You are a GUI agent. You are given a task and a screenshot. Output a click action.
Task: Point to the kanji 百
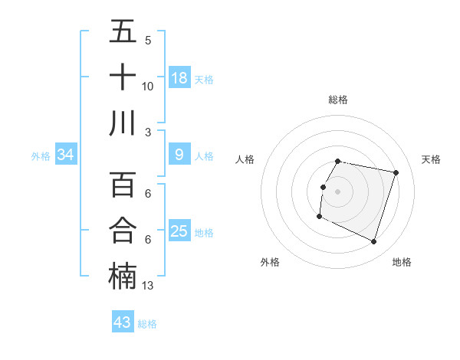(x=123, y=185)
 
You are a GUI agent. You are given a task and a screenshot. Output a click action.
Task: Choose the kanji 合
(x=123, y=230)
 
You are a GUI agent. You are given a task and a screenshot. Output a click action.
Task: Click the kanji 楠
(x=123, y=276)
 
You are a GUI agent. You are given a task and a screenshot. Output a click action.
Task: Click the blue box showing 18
(x=179, y=77)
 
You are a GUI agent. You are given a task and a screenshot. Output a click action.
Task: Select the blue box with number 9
(x=179, y=155)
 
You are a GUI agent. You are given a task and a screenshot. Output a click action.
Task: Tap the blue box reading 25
(x=179, y=231)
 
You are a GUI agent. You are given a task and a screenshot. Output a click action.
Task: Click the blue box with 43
(x=123, y=322)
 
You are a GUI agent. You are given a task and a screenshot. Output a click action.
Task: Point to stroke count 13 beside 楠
(x=148, y=286)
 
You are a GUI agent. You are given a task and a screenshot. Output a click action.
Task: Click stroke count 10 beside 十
(x=148, y=86)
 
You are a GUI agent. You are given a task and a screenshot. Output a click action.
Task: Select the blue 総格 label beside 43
(x=147, y=324)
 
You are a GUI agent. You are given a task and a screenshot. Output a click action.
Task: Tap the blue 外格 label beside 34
(x=41, y=156)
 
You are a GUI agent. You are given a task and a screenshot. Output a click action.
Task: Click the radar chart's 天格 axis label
(x=431, y=159)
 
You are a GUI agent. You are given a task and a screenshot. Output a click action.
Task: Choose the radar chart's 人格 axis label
(x=245, y=159)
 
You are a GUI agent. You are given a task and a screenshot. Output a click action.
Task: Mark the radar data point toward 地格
(x=373, y=242)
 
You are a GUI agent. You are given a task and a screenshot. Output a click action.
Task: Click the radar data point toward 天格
(x=396, y=172)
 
